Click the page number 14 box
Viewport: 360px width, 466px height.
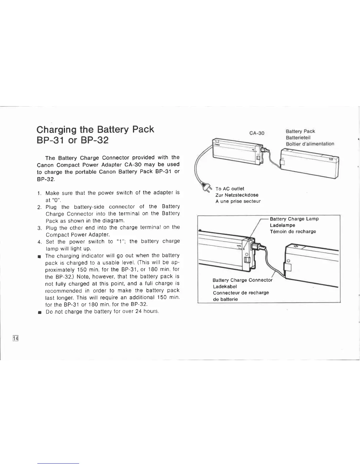tap(16, 338)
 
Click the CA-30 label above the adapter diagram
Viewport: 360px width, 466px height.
tap(257, 133)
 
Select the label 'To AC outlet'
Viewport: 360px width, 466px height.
tap(230, 189)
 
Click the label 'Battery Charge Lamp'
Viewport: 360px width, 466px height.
tap(294, 219)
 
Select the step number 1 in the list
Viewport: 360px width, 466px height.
tap(39, 194)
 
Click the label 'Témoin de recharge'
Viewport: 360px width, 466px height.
tap(293, 232)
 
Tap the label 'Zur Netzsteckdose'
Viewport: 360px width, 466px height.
tap(237, 195)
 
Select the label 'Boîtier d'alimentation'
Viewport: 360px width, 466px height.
tap(310, 144)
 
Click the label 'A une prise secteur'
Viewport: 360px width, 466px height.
tap(238, 201)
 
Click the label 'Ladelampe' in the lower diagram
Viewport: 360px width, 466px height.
tap(282, 225)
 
